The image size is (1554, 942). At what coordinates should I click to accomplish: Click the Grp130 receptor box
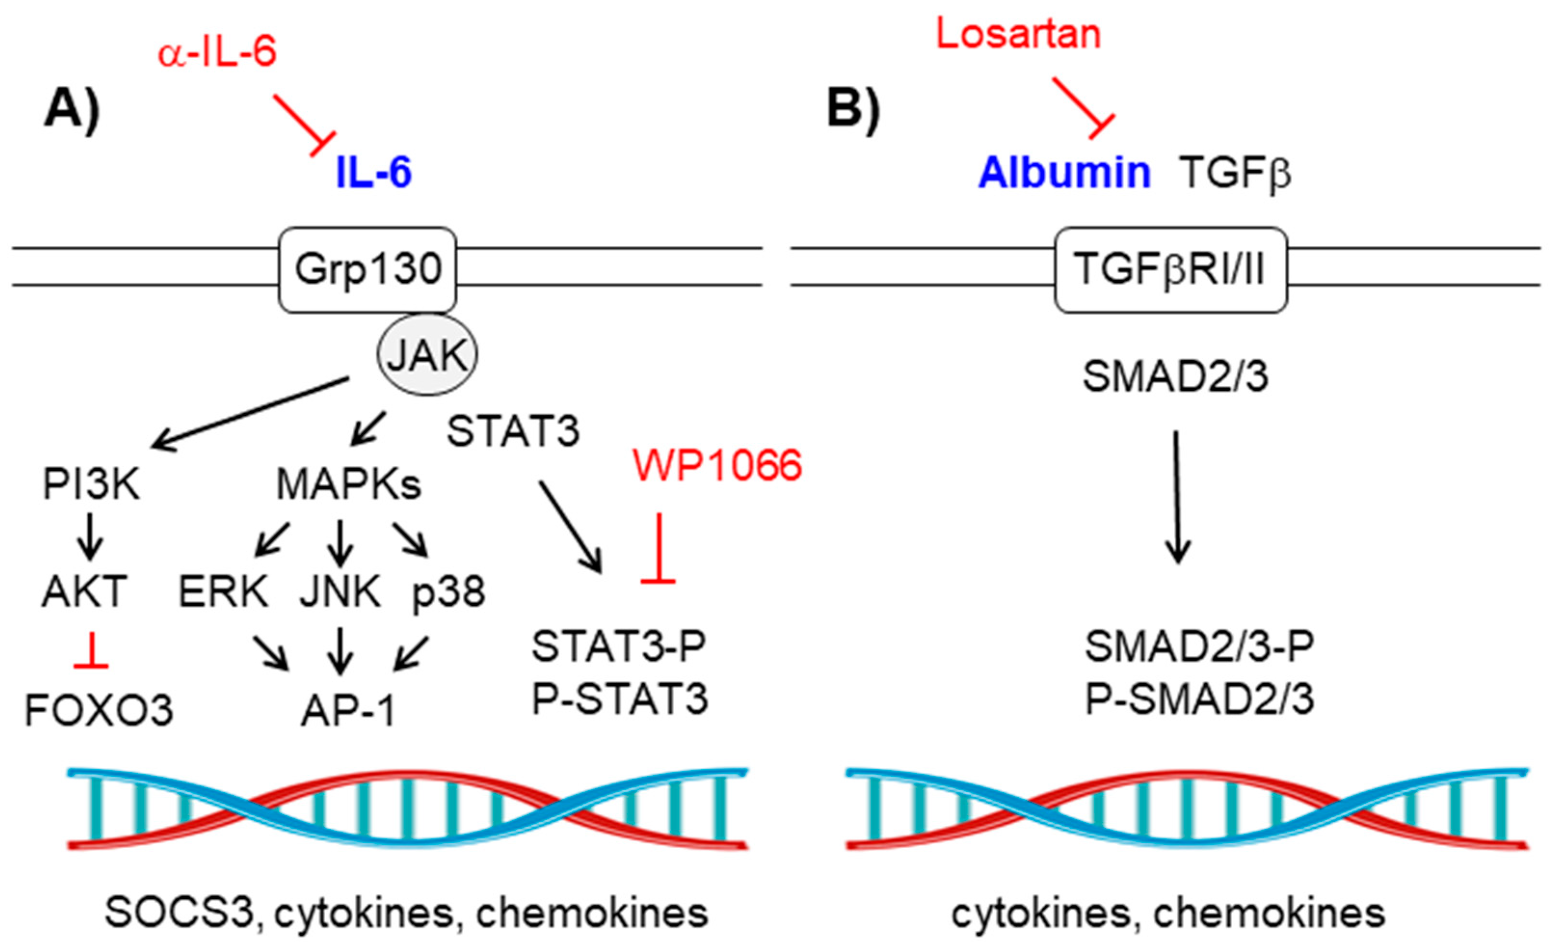click(x=368, y=269)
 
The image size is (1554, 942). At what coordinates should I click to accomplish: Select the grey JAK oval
click(x=427, y=355)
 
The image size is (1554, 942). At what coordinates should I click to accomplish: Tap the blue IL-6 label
click(x=373, y=172)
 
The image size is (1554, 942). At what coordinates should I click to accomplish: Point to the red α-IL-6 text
click(x=217, y=51)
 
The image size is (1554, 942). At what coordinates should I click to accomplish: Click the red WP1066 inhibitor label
click(x=717, y=466)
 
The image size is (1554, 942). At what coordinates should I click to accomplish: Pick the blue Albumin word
click(x=1064, y=172)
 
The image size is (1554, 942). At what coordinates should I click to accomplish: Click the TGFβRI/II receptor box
click(x=1170, y=269)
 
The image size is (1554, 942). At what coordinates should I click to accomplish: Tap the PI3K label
click(x=92, y=485)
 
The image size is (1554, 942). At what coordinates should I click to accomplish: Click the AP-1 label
click(x=347, y=711)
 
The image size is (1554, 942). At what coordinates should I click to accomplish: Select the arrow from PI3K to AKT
click(x=90, y=535)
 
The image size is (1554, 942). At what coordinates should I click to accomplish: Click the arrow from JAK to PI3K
click(x=249, y=413)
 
